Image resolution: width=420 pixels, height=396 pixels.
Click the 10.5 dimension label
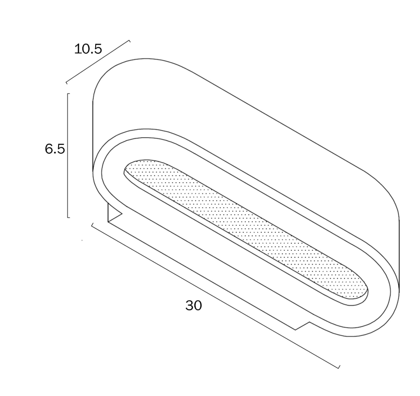coord(88,49)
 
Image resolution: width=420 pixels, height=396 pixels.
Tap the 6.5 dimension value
coord(55,149)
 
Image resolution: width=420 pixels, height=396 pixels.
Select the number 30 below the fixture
coord(193,305)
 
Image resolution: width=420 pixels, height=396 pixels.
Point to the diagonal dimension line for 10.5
coord(98,62)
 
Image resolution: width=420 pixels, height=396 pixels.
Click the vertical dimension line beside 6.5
coord(68,156)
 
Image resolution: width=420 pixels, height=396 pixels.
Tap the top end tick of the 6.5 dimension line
coord(69,94)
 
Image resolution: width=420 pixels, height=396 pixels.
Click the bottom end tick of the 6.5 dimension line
coord(69,217)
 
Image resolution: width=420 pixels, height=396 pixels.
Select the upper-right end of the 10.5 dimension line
coord(130,41)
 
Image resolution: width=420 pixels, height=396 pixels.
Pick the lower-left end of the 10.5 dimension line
coord(67,83)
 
